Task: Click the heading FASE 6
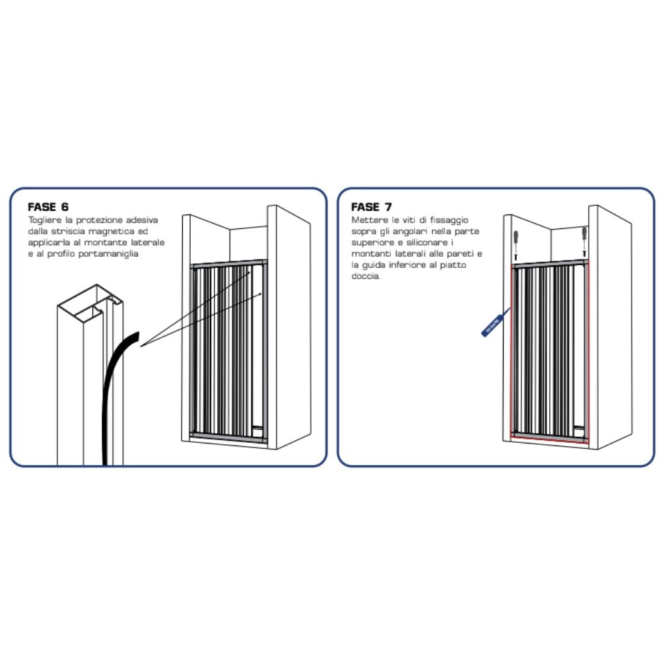pyautogui.click(x=48, y=207)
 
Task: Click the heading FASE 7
pyautogui.click(x=371, y=207)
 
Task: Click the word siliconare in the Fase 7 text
pyautogui.click(x=427, y=242)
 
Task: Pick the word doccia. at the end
pyautogui.click(x=366, y=276)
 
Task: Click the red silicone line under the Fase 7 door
pyautogui.click(x=550, y=440)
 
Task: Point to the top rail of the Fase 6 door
pyautogui.click(x=229, y=263)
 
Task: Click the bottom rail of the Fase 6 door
pyautogui.click(x=229, y=436)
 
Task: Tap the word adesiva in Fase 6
pyautogui.click(x=143, y=220)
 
